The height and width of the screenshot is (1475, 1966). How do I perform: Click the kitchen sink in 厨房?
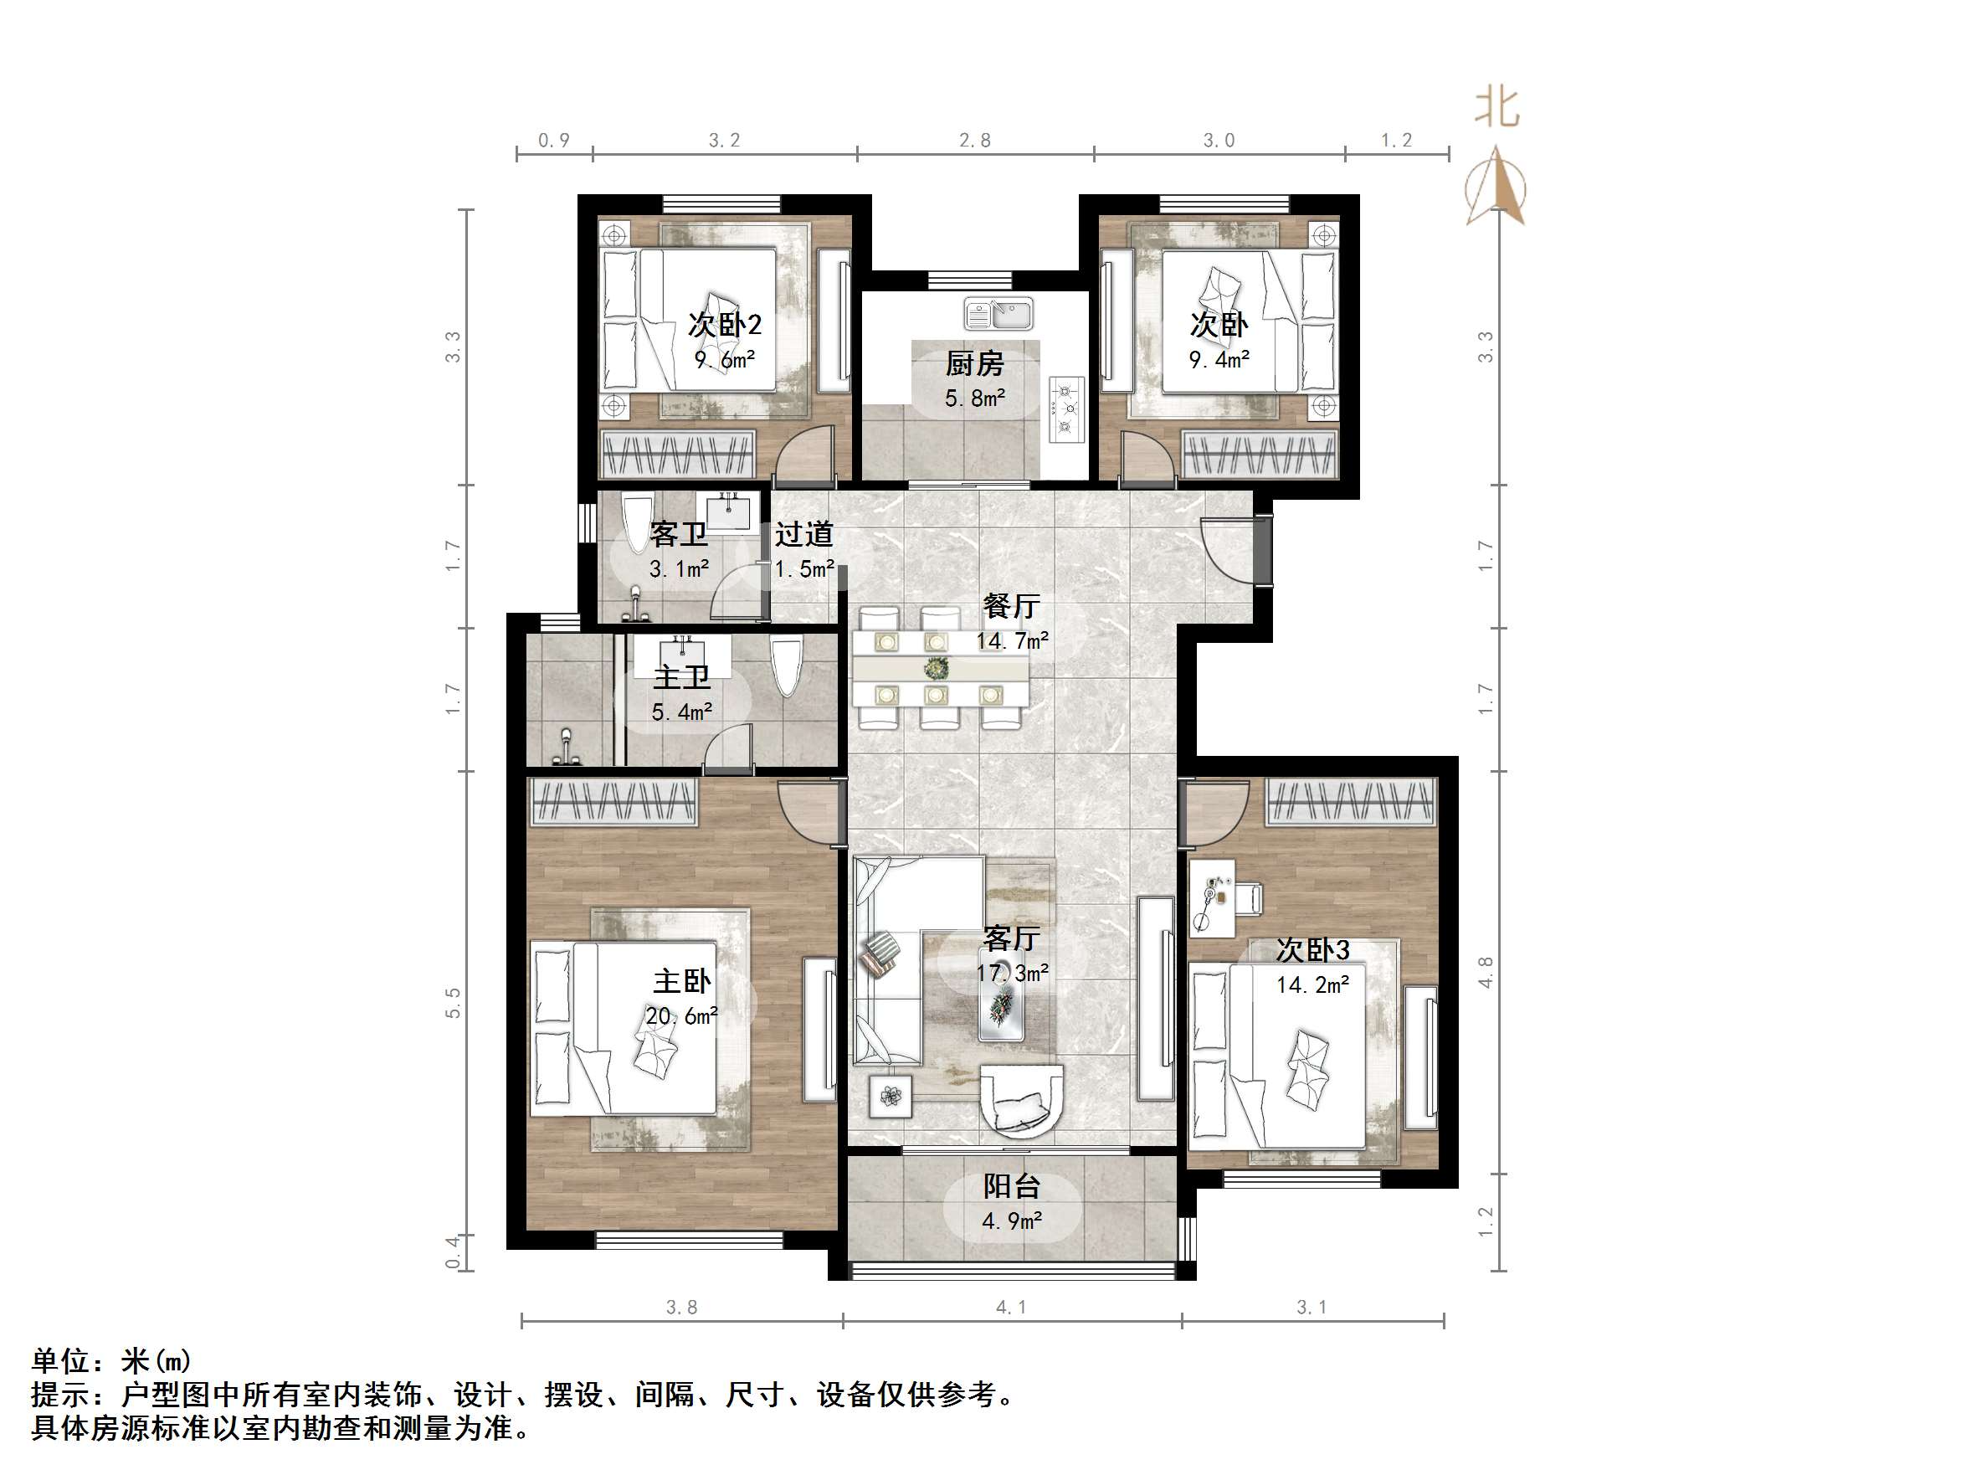[999, 313]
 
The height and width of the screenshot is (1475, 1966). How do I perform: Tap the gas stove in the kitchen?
[1066, 410]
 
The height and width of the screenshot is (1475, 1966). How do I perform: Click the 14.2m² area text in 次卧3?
[1312, 984]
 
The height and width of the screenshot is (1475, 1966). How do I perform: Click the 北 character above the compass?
[1497, 109]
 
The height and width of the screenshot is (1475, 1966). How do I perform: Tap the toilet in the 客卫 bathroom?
[636, 525]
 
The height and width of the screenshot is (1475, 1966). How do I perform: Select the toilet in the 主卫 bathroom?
[786, 667]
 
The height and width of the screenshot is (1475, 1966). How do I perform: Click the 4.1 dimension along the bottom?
[1011, 1307]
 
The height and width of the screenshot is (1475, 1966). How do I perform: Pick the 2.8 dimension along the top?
[975, 141]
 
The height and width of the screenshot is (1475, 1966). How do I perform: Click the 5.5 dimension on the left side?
[454, 1003]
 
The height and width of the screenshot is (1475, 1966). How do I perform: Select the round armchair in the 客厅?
[1021, 1100]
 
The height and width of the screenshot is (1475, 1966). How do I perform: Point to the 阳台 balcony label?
[1011, 1185]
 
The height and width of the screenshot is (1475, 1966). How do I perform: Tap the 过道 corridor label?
[803, 533]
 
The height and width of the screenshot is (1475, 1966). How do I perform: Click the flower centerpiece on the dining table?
[936, 667]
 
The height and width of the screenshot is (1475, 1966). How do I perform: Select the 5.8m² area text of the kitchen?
[975, 398]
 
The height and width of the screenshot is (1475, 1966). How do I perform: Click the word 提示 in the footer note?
[60, 1394]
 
